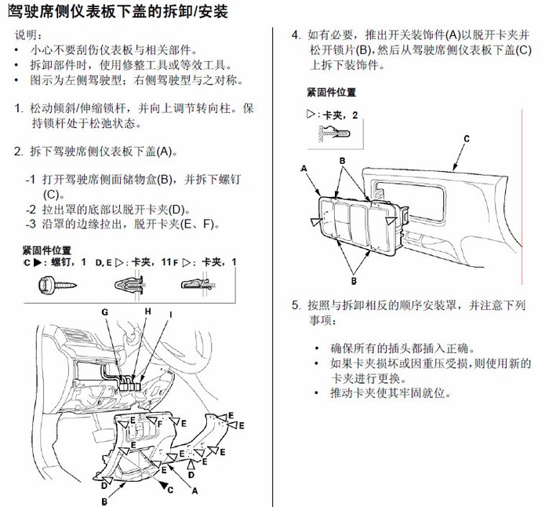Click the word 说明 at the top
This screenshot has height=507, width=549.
tap(29, 36)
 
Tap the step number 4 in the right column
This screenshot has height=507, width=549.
tap(296, 35)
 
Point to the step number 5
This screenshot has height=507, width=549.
tap(296, 304)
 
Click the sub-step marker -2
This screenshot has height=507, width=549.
tap(31, 210)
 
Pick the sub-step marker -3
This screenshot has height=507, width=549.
tap(31, 224)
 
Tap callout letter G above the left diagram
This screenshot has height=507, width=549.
tap(104, 312)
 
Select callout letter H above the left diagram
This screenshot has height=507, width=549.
tap(147, 312)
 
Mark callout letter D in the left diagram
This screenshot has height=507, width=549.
tap(192, 475)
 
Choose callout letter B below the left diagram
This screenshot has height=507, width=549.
tap(104, 500)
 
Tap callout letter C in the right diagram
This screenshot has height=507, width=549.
tap(466, 138)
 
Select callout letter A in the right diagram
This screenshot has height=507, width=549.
tap(303, 169)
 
